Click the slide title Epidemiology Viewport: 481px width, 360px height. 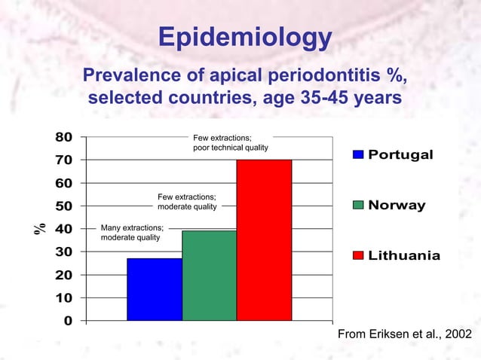[x=245, y=38]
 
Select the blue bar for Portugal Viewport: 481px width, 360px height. [x=155, y=289]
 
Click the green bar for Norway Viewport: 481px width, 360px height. [x=209, y=276]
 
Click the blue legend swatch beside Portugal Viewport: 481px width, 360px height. [x=358, y=154]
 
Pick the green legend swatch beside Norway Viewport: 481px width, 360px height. [x=358, y=206]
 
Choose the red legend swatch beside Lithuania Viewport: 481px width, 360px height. [x=358, y=256]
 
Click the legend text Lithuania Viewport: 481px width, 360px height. [x=404, y=256]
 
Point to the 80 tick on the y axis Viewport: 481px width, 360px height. [x=63, y=137]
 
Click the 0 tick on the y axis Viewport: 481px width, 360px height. [x=68, y=322]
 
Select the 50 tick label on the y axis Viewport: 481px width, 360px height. [x=63, y=206]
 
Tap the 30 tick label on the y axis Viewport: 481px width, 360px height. [x=63, y=252]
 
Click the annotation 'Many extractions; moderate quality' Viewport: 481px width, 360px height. [x=132, y=233]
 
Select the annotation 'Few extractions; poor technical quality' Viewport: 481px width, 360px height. [x=230, y=142]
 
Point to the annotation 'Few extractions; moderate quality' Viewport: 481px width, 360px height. [x=187, y=201]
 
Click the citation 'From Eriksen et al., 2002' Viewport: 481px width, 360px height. [x=404, y=334]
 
